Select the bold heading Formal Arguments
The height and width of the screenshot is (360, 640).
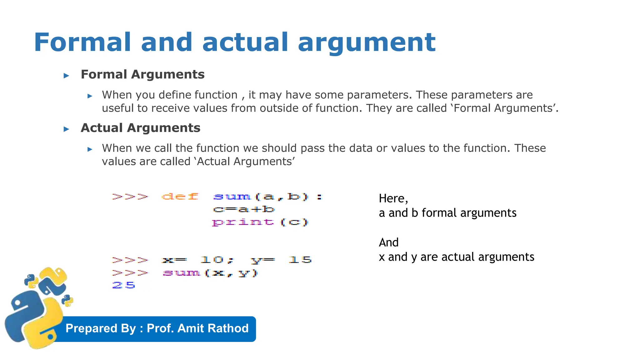142,74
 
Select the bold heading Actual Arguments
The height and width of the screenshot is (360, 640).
140,128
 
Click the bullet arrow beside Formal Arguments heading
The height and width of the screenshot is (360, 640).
66,75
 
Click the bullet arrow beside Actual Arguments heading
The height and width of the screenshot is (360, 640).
66,129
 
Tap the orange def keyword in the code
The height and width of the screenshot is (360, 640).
180,197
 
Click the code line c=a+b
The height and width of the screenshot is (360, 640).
244,209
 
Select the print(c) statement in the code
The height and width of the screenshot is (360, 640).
260,222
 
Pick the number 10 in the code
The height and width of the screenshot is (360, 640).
212,260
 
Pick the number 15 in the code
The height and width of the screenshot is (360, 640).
300,260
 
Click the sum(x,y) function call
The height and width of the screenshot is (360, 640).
210,273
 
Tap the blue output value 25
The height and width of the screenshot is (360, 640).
123,285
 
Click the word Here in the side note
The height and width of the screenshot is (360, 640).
392,198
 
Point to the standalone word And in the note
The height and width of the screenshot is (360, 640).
389,242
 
